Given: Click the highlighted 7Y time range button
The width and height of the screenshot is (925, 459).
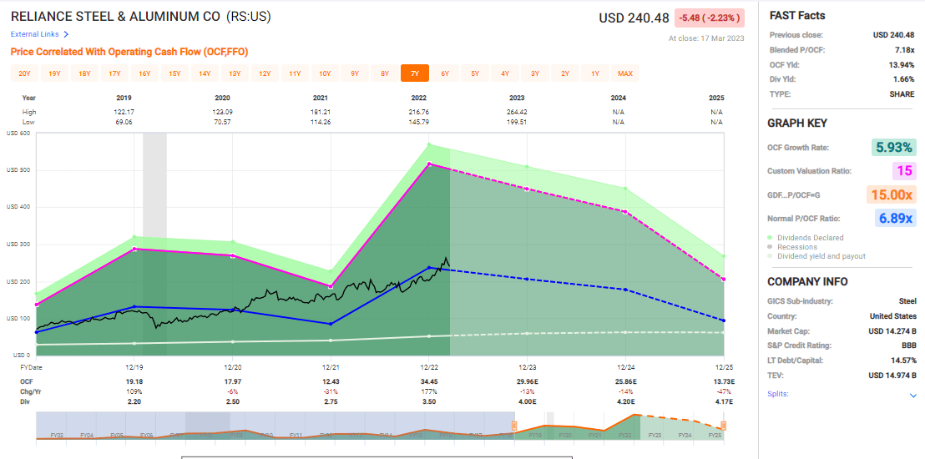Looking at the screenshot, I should pyautogui.click(x=414, y=73).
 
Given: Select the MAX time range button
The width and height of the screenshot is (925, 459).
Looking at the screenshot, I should pyautogui.click(x=625, y=73).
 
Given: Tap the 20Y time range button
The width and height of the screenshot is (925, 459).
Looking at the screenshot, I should pyautogui.click(x=24, y=73).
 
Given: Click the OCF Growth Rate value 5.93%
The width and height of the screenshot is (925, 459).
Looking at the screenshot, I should pyautogui.click(x=894, y=148).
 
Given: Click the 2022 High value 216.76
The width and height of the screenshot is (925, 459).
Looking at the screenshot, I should pyautogui.click(x=430, y=112).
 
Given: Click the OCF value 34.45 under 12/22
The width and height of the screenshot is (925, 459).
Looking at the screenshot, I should pyautogui.click(x=430, y=381).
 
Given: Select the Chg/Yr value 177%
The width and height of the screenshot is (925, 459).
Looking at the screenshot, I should pyautogui.click(x=430, y=391).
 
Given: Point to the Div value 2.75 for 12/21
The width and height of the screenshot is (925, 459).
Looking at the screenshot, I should pyautogui.click(x=331, y=401).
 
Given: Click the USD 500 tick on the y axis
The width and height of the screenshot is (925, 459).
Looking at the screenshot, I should pyautogui.click(x=19, y=170).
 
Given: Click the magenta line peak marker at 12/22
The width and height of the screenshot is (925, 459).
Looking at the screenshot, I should pyautogui.click(x=429, y=164).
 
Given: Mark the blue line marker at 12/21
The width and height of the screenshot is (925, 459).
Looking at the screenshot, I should pyautogui.click(x=331, y=324).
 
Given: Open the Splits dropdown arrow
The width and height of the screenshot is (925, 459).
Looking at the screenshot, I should pyautogui.click(x=912, y=395).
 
